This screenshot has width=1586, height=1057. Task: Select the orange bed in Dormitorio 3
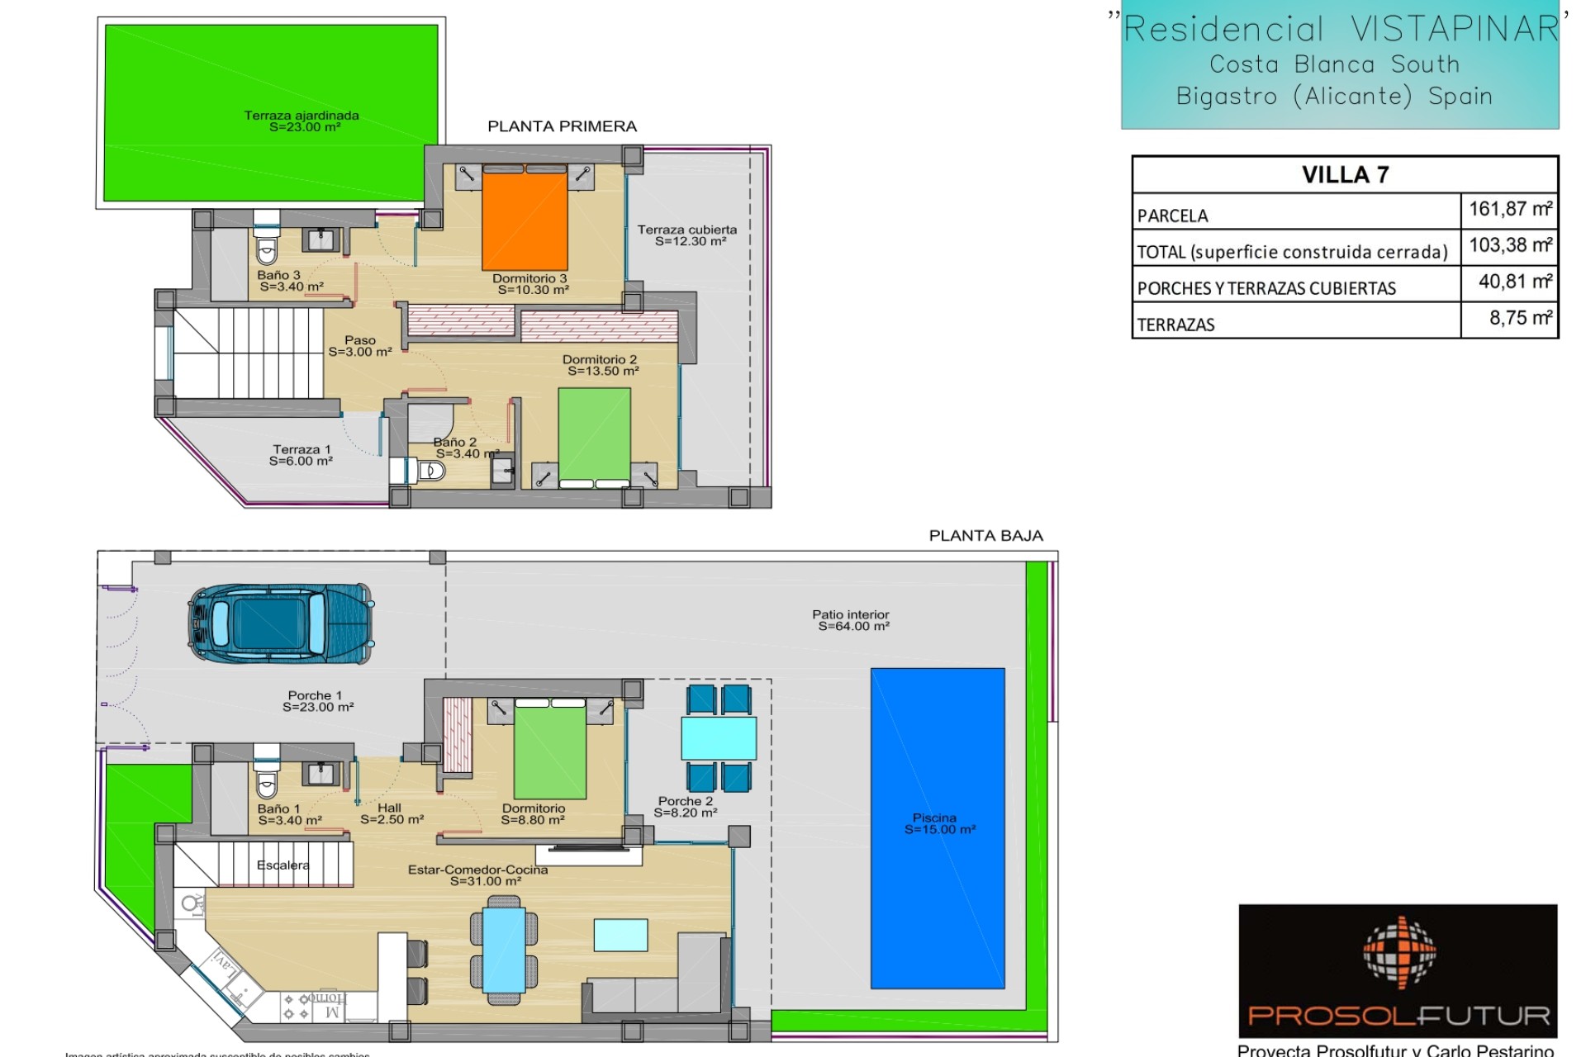525,219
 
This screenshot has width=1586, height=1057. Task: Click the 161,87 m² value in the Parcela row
1509,210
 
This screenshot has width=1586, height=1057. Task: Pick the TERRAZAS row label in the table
1175,325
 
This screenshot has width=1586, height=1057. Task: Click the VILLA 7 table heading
1345,175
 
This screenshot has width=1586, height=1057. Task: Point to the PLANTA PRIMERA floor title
562,126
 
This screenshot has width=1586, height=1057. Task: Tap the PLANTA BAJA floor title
985,536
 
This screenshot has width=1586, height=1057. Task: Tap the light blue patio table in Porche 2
719,738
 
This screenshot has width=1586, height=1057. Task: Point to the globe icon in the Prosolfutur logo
1398,952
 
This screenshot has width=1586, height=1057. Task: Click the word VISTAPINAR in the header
1454,30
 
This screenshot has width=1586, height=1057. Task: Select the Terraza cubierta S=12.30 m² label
687,235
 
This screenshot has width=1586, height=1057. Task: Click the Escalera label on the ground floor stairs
283,865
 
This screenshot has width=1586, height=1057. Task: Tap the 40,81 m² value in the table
1514,282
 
